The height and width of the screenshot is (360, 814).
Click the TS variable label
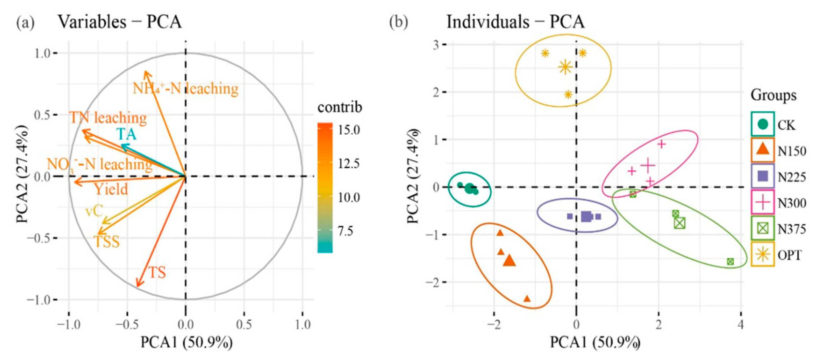tap(157, 272)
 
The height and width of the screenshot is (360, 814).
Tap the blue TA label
tap(127, 134)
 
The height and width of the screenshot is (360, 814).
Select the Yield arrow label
tap(111, 190)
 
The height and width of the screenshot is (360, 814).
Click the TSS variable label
tap(107, 242)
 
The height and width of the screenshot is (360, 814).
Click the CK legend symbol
tap(762, 124)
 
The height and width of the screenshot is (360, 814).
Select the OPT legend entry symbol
tap(762, 254)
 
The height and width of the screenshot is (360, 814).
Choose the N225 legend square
tap(762, 176)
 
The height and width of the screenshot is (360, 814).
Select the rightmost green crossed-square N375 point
tap(730, 261)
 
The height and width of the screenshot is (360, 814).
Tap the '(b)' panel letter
tap(399, 22)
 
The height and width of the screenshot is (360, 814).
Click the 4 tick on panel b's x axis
tap(741, 324)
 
